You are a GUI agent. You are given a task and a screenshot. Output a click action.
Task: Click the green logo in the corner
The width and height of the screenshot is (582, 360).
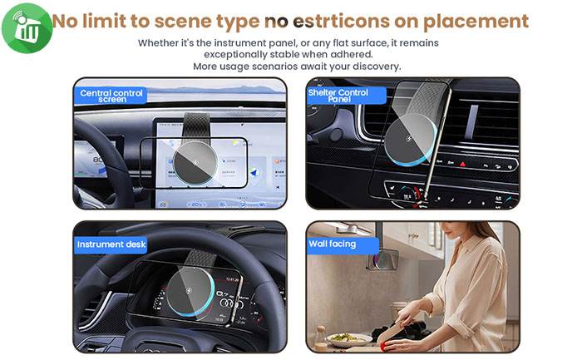pyautogui.click(x=26, y=27)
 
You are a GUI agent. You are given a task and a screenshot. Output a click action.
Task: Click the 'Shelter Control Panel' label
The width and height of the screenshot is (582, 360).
pyautogui.click(x=338, y=96)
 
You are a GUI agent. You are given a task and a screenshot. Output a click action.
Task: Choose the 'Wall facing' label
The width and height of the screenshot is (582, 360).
pyautogui.click(x=333, y=244)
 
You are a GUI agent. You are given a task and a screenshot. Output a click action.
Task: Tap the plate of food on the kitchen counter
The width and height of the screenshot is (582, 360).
pyautogui.click(x=342, y=338)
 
